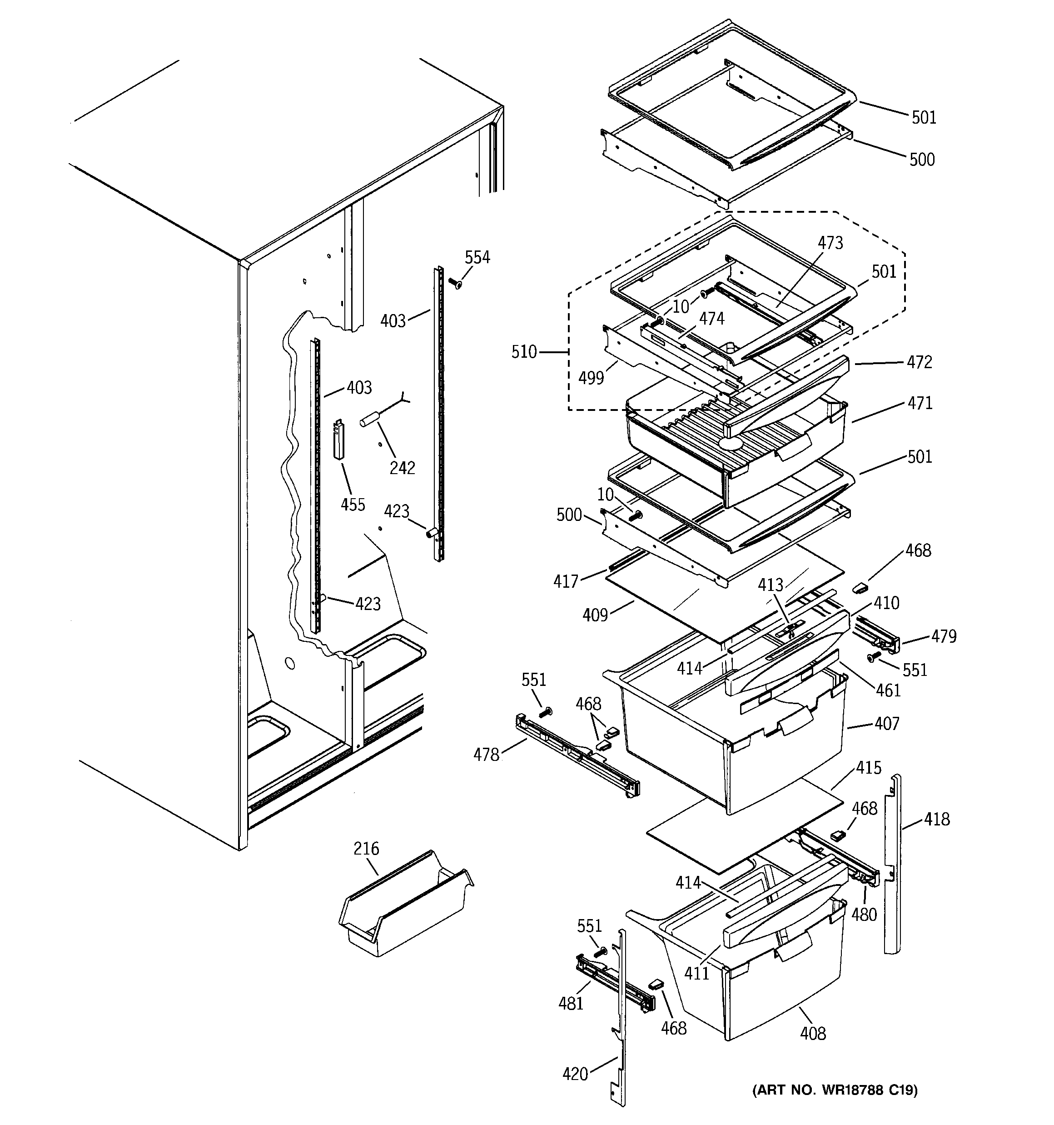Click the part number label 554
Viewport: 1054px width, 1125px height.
(477, 257)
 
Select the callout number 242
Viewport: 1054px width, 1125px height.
(402, 467)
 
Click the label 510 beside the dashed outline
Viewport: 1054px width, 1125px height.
(524, 352)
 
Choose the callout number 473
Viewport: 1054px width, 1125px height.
(830, 243)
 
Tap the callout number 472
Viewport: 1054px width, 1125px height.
(919, 362)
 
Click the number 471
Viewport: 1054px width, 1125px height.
(920, 404)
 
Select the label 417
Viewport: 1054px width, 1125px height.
(566, 581)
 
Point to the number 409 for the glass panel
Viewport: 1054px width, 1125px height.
(595, 615)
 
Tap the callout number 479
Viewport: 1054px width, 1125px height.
(944, 637)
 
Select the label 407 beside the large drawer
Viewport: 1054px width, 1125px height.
(886, 723)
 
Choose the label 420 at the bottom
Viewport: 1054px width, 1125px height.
(575, 1074)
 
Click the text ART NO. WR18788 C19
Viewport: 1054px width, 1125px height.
(835, 1090)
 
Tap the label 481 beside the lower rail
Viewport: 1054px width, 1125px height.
(570, 1003)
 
